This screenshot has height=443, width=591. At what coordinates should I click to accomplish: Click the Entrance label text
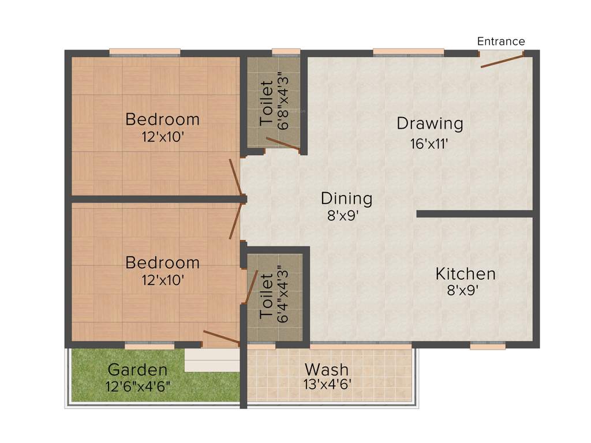[x=501, y=42]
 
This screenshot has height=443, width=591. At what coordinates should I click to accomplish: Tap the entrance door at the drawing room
[x=502, y=61]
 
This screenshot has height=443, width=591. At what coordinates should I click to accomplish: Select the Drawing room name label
[x=430, y=123]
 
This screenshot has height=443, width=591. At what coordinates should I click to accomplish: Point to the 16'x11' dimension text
[x=429, y=144]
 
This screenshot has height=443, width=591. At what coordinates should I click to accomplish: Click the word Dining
[x=346, y=199]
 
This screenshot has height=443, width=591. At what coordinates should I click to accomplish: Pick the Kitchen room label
[x=465, y=273]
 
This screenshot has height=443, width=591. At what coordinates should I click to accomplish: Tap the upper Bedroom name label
[x=163, y=120]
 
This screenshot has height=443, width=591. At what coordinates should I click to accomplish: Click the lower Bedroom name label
[x=163, y=263]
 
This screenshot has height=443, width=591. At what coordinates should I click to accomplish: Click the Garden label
[x=138, y=370]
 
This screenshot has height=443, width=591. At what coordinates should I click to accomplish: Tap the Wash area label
[x=327, y=369]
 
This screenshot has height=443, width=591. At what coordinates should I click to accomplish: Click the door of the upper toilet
[x=283, y=145]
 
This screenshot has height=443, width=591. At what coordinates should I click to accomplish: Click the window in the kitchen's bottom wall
[x=487, y=346]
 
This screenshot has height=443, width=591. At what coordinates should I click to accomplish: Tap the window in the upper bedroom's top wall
[x=145, y=53]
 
